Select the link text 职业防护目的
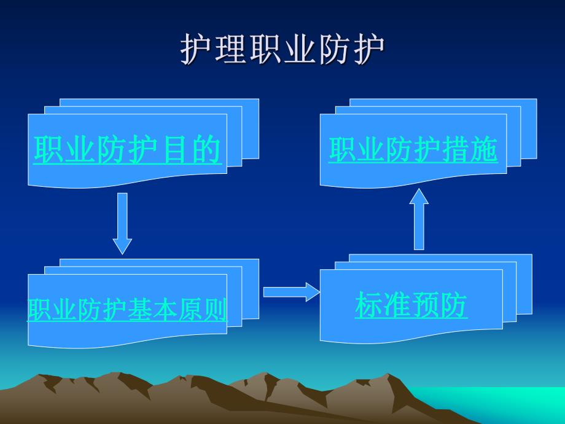(127, 150)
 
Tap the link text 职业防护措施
(413, 150)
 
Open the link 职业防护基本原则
(127, 310)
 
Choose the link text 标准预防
(411, 305)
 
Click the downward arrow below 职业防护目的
(122, 223)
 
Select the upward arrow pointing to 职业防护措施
(419, 219)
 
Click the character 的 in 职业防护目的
(206, 150)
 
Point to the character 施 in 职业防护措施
(484, 150)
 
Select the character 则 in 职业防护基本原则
(215, 310)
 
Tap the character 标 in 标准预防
(369, 305)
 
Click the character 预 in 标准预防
(425, 305)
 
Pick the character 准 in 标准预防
(397, 305)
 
